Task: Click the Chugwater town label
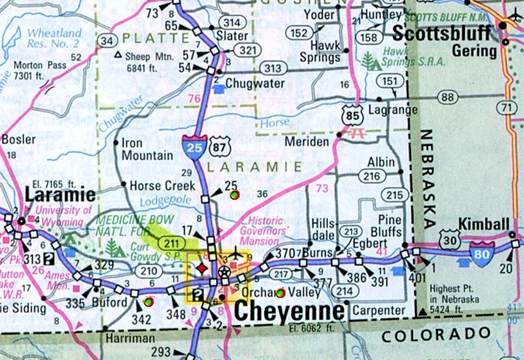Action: (x=254, y=83)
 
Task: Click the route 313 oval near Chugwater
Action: (x=271, y=68)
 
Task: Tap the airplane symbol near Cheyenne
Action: (x=236, y=253)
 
